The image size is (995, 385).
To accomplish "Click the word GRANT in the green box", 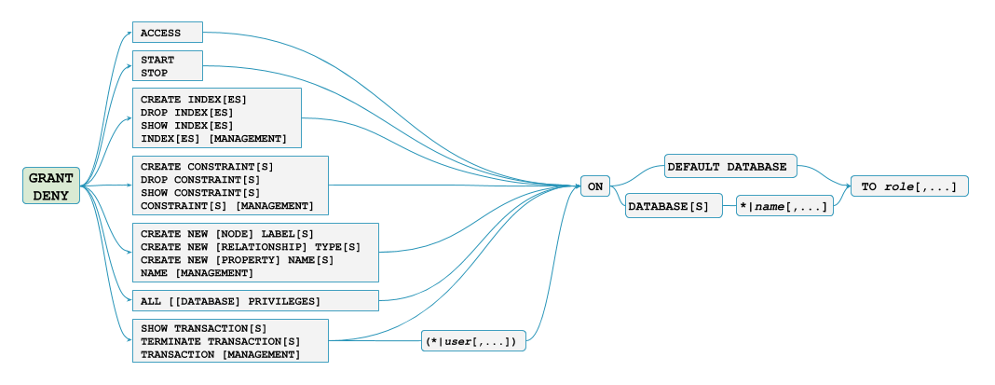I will [x=50, y=177].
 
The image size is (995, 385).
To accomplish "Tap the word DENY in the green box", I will [x=50, y=195].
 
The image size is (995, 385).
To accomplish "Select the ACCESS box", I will [x=167, y=33].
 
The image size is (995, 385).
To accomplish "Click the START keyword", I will [x=157, y=60].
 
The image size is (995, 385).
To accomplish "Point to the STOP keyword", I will [x=155, y=72].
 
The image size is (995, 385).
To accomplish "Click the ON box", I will [x=594, y=186].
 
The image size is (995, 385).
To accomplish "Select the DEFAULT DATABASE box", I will [x=729, y=167].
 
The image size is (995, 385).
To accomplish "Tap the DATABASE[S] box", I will [x=673, y=204].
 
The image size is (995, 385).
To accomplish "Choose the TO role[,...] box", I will [x=908, y=186].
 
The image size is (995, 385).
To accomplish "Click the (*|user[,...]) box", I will [x=474, y=341].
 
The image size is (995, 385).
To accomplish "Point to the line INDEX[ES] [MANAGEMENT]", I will [x=213, y=138].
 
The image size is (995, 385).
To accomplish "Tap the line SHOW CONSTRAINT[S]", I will [x=200, y=192].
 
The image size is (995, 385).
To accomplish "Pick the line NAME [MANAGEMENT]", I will [x=197, y=272].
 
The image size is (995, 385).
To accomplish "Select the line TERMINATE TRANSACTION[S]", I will [x=220, y=341].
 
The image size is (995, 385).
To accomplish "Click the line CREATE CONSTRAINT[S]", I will [x=207, y=166].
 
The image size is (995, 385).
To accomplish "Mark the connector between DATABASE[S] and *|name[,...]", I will [x=729, y=204].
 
